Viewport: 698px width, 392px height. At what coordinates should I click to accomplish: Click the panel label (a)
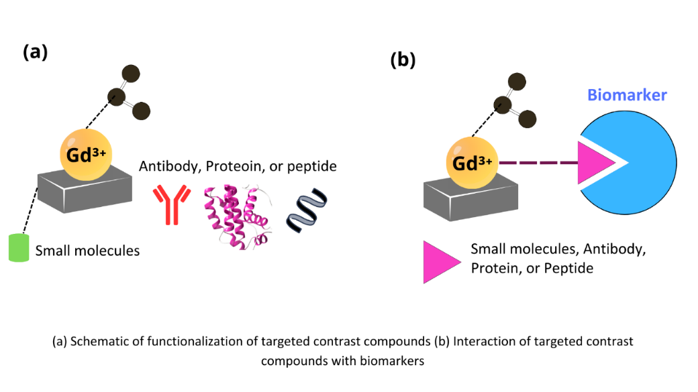click(35, 52)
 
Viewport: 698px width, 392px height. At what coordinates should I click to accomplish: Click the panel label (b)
click(403, 60)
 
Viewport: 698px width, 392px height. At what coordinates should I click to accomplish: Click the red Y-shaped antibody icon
click(166, 205)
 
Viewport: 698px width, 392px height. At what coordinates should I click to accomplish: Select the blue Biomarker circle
click(644, 161)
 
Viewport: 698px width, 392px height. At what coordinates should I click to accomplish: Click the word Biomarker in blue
click(627, 95)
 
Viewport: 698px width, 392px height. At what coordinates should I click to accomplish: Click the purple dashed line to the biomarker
click(537, 161)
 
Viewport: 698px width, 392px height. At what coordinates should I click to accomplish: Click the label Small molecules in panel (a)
click(87, 251)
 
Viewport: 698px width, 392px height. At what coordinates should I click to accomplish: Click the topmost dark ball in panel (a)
click(130, 73)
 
